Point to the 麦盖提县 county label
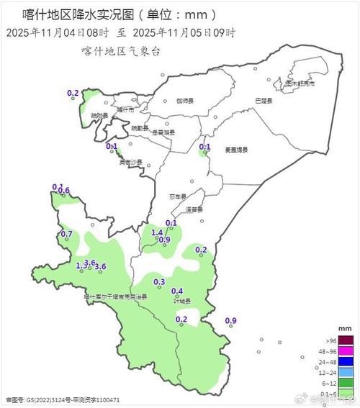(x=235, y=150)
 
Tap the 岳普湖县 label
(x=164, y=132)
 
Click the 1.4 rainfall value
(x=157, y=232)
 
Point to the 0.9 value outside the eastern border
(x=231, y=320)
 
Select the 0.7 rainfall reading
(x=66, y=235)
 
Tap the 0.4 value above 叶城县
(x=177, y=291)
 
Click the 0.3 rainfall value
(x=160, y=281)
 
